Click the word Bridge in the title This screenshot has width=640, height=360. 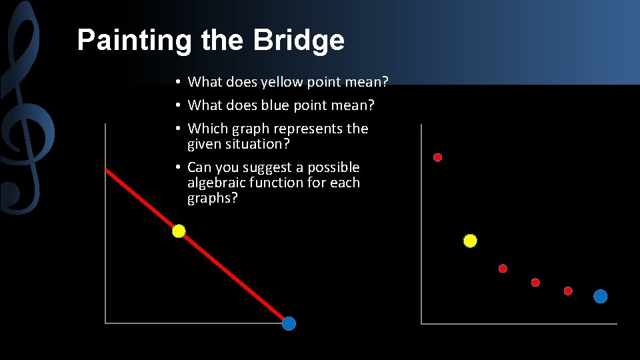coord(299,41)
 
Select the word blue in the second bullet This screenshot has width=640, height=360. coord(281,105)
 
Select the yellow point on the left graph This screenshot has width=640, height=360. coord(179,231)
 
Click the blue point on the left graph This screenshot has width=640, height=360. coord(289,323)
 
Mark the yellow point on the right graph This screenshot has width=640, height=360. coord(470,241)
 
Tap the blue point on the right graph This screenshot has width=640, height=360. coord(601,297)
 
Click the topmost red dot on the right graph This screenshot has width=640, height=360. coord(437,157)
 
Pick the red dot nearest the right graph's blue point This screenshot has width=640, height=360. coord(568,291)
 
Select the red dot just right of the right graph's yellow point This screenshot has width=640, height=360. coord(503,269)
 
